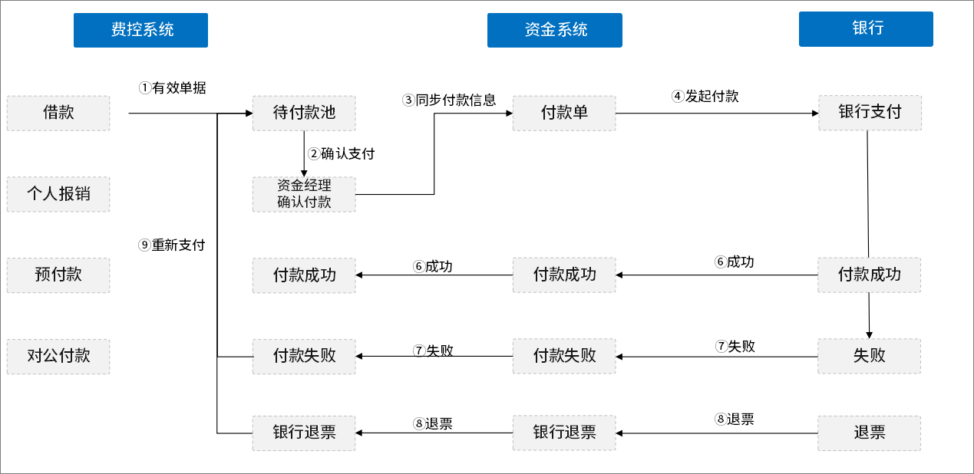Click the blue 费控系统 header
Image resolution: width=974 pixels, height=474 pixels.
click(140, 30)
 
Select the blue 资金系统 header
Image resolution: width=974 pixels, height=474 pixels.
click(554, 30)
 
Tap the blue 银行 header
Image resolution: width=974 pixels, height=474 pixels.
click(866, 29)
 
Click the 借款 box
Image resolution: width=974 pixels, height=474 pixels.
click(58, 113)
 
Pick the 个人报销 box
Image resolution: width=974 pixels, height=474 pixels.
click(58, 194)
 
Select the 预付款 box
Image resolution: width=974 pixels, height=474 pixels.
click(58, 275)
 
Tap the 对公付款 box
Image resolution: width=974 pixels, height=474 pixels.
click(58, 356)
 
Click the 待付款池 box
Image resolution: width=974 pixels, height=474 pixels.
click(304, 113)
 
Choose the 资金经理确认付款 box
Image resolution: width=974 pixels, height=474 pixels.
click(304, 194)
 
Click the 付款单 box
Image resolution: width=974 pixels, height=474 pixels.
click(564, 113)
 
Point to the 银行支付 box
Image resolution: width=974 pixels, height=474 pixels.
click(870, 113)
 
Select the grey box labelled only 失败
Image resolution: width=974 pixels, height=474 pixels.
click(870, 356)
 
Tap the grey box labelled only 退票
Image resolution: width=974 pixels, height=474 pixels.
click(870, 433)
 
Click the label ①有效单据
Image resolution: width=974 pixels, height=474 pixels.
click(173, 88)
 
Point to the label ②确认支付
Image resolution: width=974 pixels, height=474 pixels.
click(342, 153)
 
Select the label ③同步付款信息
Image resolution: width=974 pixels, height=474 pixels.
click(450, 100)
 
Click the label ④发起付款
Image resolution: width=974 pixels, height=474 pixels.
click(705, 97)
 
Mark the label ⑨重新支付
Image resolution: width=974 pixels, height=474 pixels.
click(172, 245)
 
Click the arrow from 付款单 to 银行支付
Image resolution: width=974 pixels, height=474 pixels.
click(717, 114)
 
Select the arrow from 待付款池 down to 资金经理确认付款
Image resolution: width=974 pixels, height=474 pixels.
click(304, 153)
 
